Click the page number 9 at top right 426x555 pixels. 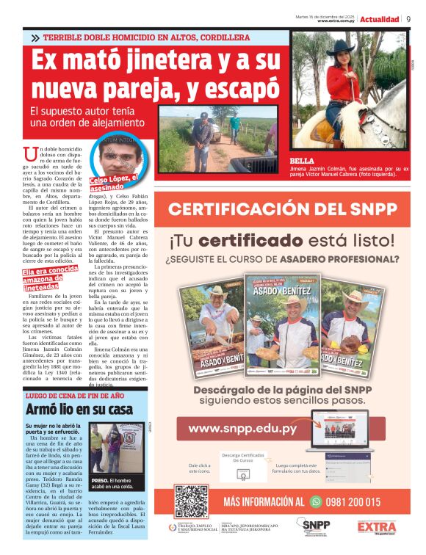click(408, 19)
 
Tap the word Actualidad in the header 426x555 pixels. click(380, 19)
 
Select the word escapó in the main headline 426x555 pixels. click(243, 89)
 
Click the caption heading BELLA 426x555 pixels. click(302, 160)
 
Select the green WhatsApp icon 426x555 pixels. click(316, 501)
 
